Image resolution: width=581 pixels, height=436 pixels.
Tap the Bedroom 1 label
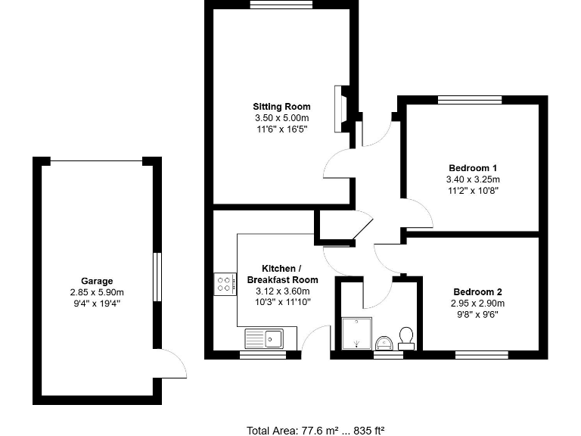(473, 167)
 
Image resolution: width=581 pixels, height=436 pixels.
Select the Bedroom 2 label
(478, 291)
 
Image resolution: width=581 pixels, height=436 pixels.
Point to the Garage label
(97, 281)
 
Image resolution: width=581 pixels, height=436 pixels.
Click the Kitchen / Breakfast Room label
(282, 274)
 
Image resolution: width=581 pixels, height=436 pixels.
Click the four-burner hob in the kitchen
(225, 284)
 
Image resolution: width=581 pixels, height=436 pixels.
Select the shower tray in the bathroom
(356, 334)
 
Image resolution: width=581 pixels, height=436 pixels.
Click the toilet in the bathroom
(406, 337)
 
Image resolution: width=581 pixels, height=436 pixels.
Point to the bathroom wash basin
(384, 343)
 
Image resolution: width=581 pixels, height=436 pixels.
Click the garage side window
(157, 277)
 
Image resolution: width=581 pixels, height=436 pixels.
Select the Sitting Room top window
(281, 5)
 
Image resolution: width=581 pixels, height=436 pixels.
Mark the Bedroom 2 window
(481, 353)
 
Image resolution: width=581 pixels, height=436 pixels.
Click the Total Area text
(315, 430)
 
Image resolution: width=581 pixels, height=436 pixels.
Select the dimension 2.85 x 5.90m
(97, 292)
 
